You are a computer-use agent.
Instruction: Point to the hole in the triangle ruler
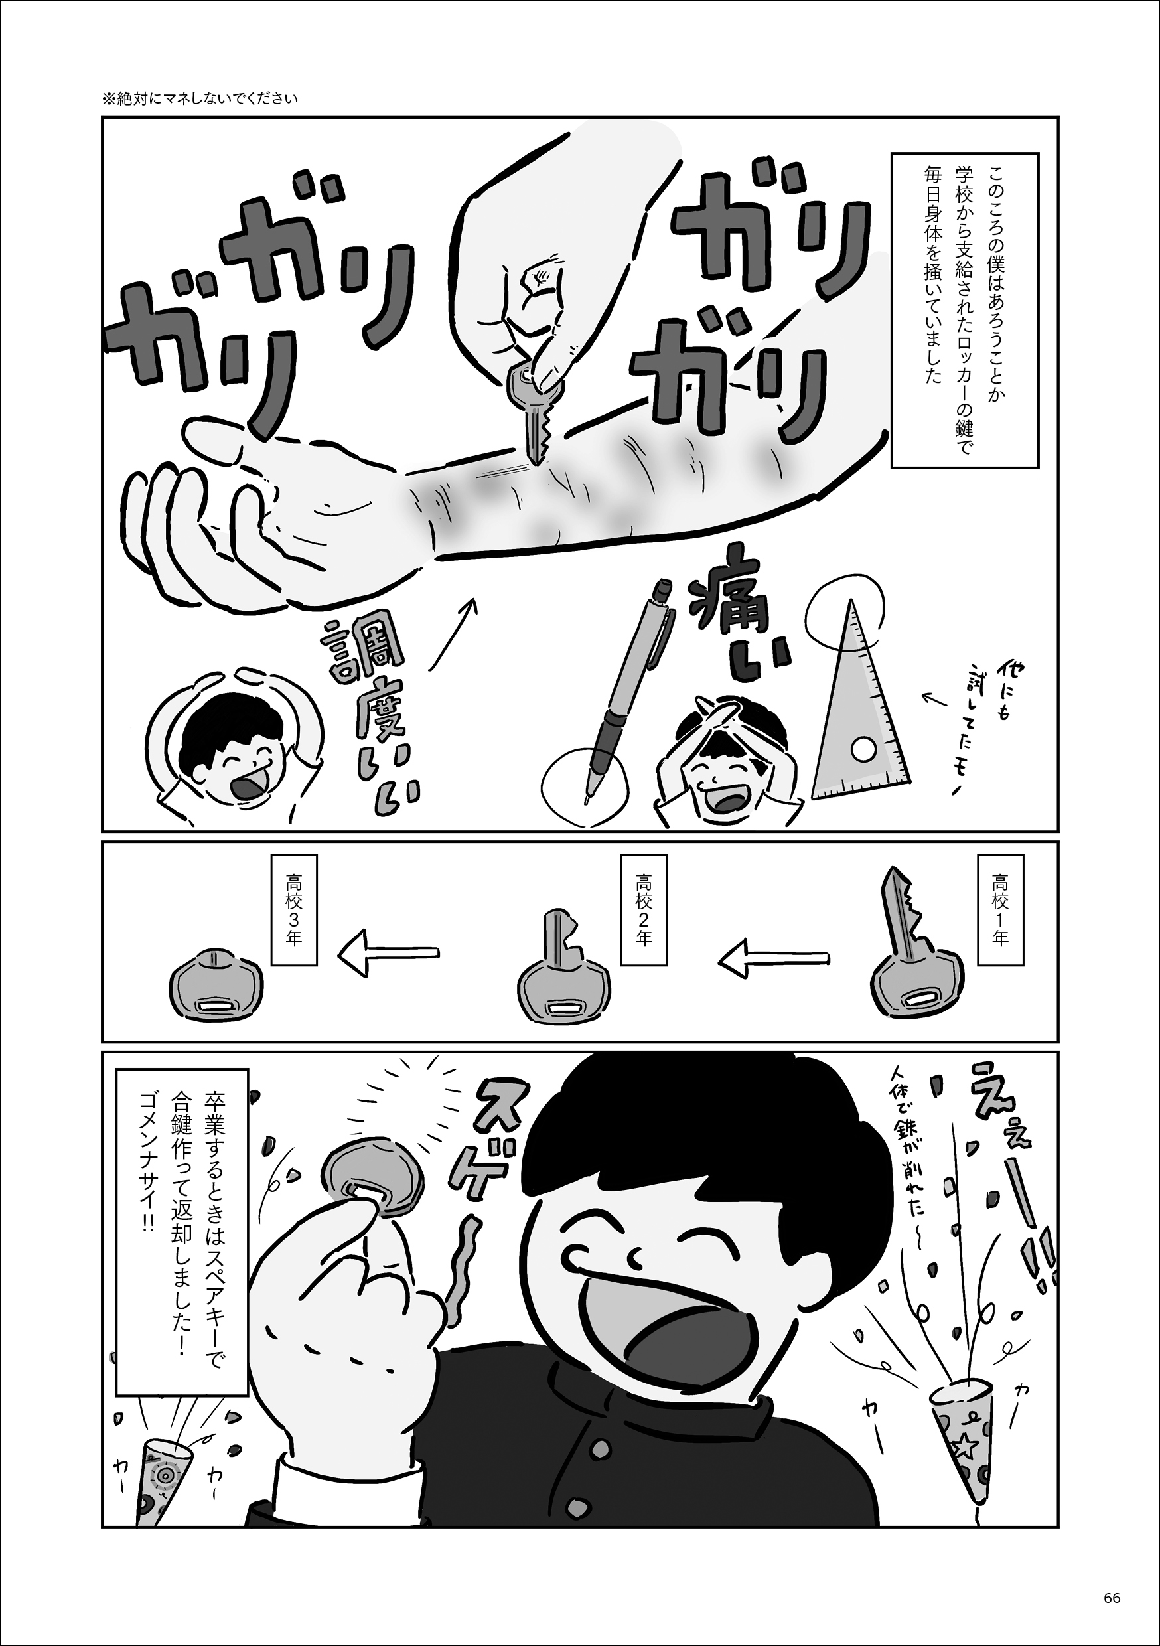tap(863, 751)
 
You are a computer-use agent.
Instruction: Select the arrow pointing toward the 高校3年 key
tap(388, 953)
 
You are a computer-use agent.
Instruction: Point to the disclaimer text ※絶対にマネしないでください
tap(199, 99)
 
